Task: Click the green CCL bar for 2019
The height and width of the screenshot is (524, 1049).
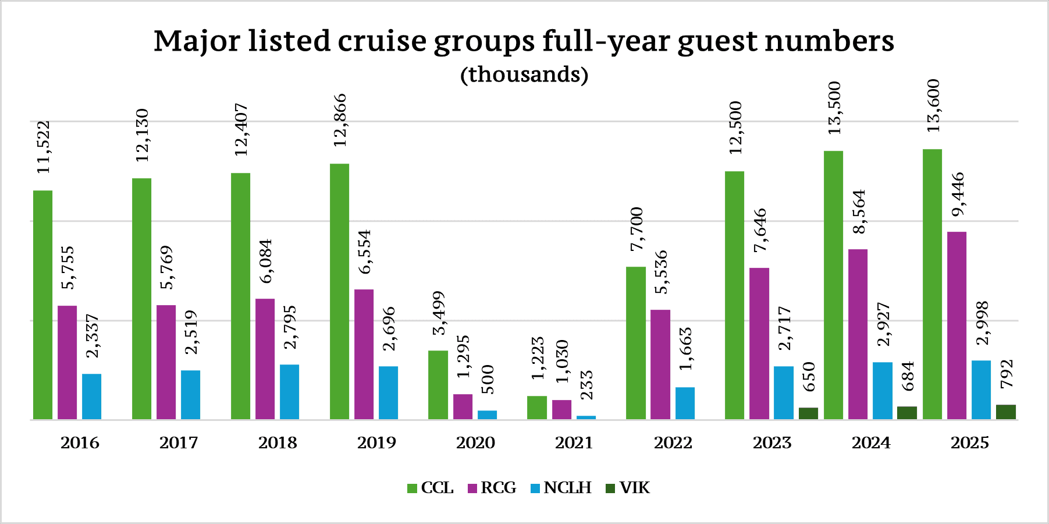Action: [x=339, y=291]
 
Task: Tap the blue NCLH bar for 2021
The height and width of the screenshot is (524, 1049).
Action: [x=586, y=417]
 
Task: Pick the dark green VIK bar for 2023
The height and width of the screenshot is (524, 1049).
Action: [x=808, y=413]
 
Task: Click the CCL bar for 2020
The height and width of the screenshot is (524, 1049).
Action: [x=438, y=384]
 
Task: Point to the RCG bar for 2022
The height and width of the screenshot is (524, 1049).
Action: [x=660, y=364]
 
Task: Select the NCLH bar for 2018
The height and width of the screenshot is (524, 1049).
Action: [x=289, y=391]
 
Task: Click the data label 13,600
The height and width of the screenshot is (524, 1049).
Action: [x=933, y=106]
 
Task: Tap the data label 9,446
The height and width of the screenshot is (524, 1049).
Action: [x=958, y=195]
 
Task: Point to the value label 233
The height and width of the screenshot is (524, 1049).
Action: [x=586, y=385]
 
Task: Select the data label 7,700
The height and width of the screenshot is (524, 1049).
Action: [x=636, y=229]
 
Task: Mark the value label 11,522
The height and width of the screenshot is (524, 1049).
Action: [x=44, y=147]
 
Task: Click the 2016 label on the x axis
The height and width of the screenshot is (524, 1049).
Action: [x=80, y=443]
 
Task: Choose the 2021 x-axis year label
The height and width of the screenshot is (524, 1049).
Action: [x=574, y=443]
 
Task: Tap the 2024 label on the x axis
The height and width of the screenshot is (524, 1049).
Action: [x=871, y=443]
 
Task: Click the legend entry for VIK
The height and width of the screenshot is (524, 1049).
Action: [x=628, y=488]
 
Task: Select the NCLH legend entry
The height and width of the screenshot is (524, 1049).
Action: [x=561, y=488]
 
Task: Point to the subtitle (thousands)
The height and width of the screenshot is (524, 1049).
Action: [x=524, y=75]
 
